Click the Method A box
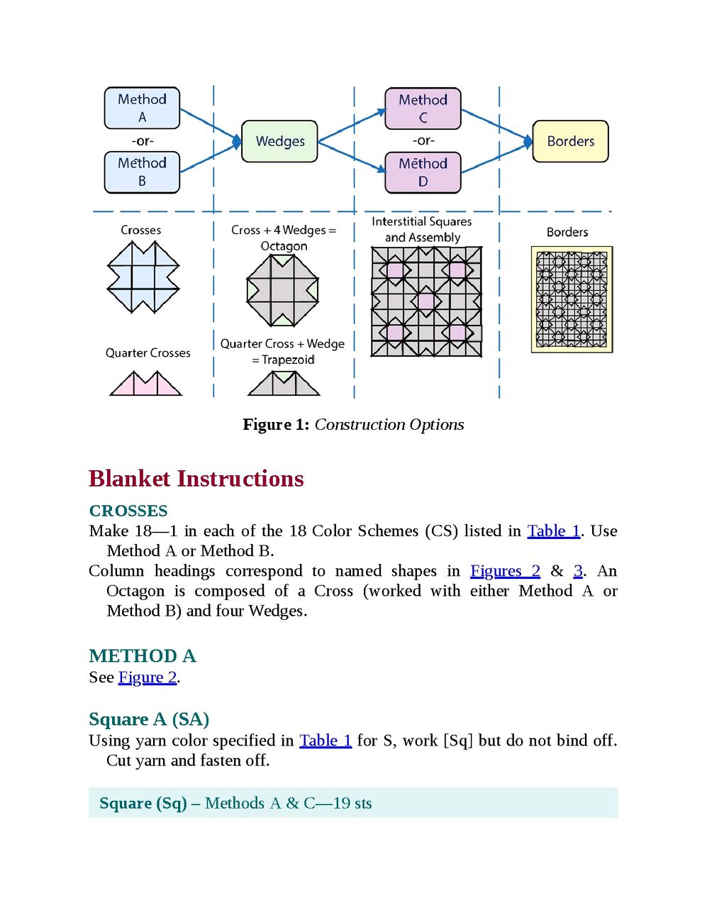tap(143, 108)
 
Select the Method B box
tap(143, 172)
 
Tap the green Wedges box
tap(279, 141)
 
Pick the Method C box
tap(423, 109)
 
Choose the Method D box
tap(423, 172)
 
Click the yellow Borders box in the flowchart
tap(570, 141)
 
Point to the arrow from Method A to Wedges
tap(211, 125)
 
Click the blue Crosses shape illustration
tap(143, 277)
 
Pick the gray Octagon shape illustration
tap(282, 291)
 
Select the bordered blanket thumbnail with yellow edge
tap(572, 299)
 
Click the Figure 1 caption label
tap(353, 424)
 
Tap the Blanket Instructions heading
tap(196, 479)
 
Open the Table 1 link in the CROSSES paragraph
tap(554, 531)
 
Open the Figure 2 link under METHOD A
tap(147, 677)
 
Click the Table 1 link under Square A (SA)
tap(325, 741)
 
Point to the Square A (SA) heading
tap(149, 719)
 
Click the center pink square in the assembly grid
tap(426, 301)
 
